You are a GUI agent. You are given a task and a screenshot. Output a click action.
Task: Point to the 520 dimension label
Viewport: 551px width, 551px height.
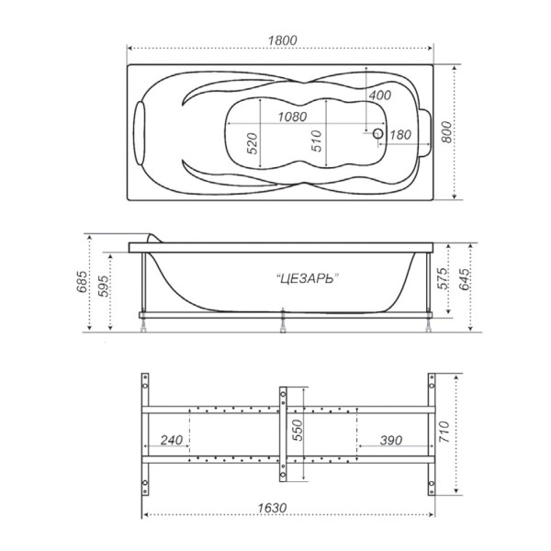(x=251, y=145)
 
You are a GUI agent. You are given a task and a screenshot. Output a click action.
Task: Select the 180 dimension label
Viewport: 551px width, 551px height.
(x=399, y=135)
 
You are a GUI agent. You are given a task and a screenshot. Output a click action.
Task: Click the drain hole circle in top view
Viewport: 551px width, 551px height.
(x=377, y=134)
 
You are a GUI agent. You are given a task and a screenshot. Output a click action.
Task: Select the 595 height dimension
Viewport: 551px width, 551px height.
(x=103, y=287)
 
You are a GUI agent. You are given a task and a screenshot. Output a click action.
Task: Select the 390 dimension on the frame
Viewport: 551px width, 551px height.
(x=391, y=441)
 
